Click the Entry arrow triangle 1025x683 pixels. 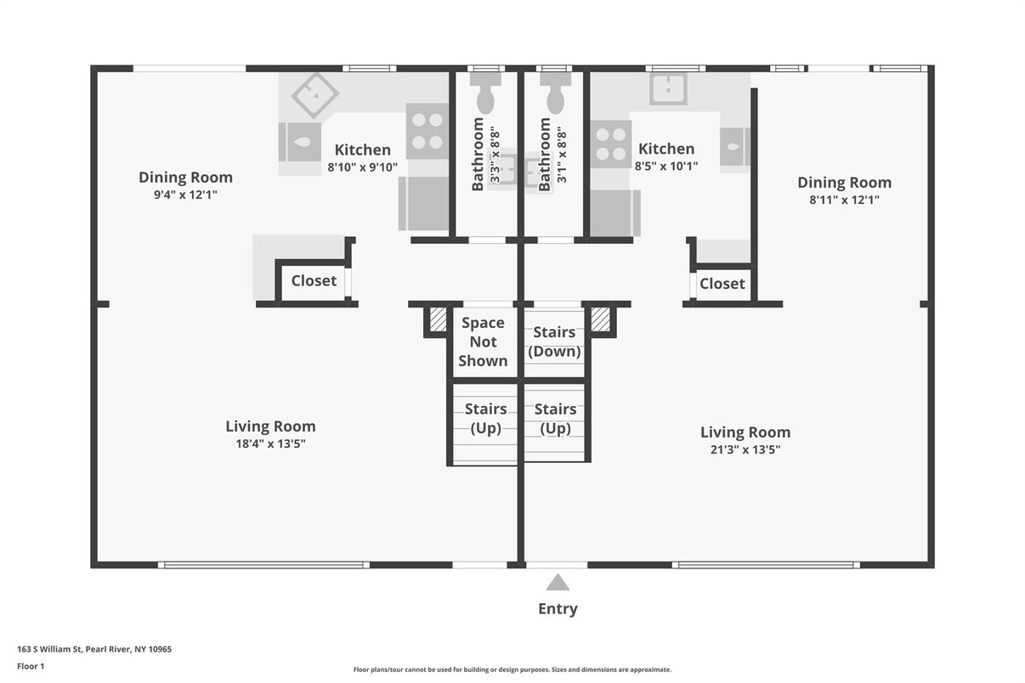[x=558, y=583]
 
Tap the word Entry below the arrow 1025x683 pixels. [x=558, y=609]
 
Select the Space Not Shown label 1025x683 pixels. [x=484, y=341]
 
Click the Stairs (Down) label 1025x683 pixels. [x=554, y=341]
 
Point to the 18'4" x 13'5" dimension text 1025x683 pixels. [x=270, y=443]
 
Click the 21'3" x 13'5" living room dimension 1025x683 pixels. [x=745, y=449]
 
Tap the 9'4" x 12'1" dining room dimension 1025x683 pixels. [x=185, y=195]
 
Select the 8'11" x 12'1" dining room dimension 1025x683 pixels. [x=844, y=200]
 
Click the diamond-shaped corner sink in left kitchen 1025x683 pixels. [x=315, y=94]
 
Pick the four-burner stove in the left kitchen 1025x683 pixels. [x=428, y=132]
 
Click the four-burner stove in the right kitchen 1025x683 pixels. [x=611, y=144]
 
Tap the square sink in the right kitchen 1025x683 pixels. [x=669, y=88]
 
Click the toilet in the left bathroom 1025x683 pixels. [x=485, y=93]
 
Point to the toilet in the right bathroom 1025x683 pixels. [x=555, y=93]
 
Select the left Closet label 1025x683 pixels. [x=314, y=281]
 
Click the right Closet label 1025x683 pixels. [x=722, y=284]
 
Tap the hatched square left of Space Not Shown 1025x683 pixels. [x=438, y=319]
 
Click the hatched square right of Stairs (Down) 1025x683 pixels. [x=600, y=319]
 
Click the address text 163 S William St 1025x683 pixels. [x=49, y=649]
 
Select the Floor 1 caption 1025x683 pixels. [x=31, y=667]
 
